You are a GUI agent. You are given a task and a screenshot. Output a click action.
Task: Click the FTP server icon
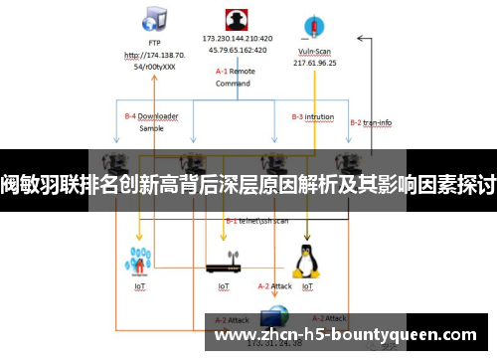pyautogui.click(x=153, y=19)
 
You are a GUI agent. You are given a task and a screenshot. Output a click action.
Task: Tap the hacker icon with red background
pyautogui.click(x=237, y=20)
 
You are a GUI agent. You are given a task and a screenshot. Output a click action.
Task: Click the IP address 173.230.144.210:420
pyautogui.click(x=237, y=39)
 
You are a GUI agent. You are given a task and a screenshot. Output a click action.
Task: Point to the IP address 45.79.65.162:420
pyautogui.click(x=237, y=50)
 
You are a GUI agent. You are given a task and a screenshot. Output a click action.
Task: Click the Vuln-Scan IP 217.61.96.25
pyautogui.click(x=315, y=61)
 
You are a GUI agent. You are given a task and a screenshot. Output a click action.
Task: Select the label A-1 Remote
pyautogui.click(x=236, y=72)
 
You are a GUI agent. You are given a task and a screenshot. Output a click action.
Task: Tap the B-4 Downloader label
pyautogui.click(x=151, y=116)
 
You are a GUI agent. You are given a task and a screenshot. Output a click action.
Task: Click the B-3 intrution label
pyautogui.click(x=312, y=116)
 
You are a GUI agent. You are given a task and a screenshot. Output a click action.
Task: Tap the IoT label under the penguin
pyautogui.click(x=307, y=285)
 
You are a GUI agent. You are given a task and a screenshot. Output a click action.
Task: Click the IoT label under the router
pyautogui.click(x=224, y=285)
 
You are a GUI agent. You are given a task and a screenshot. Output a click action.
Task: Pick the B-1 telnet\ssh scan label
pyautogui.click(x=257, y=220)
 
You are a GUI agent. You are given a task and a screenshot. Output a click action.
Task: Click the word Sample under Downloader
pyautogui.click(x=151, y=128)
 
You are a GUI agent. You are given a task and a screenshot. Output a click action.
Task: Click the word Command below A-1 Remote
pyautogui.click(x=233, y=84)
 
